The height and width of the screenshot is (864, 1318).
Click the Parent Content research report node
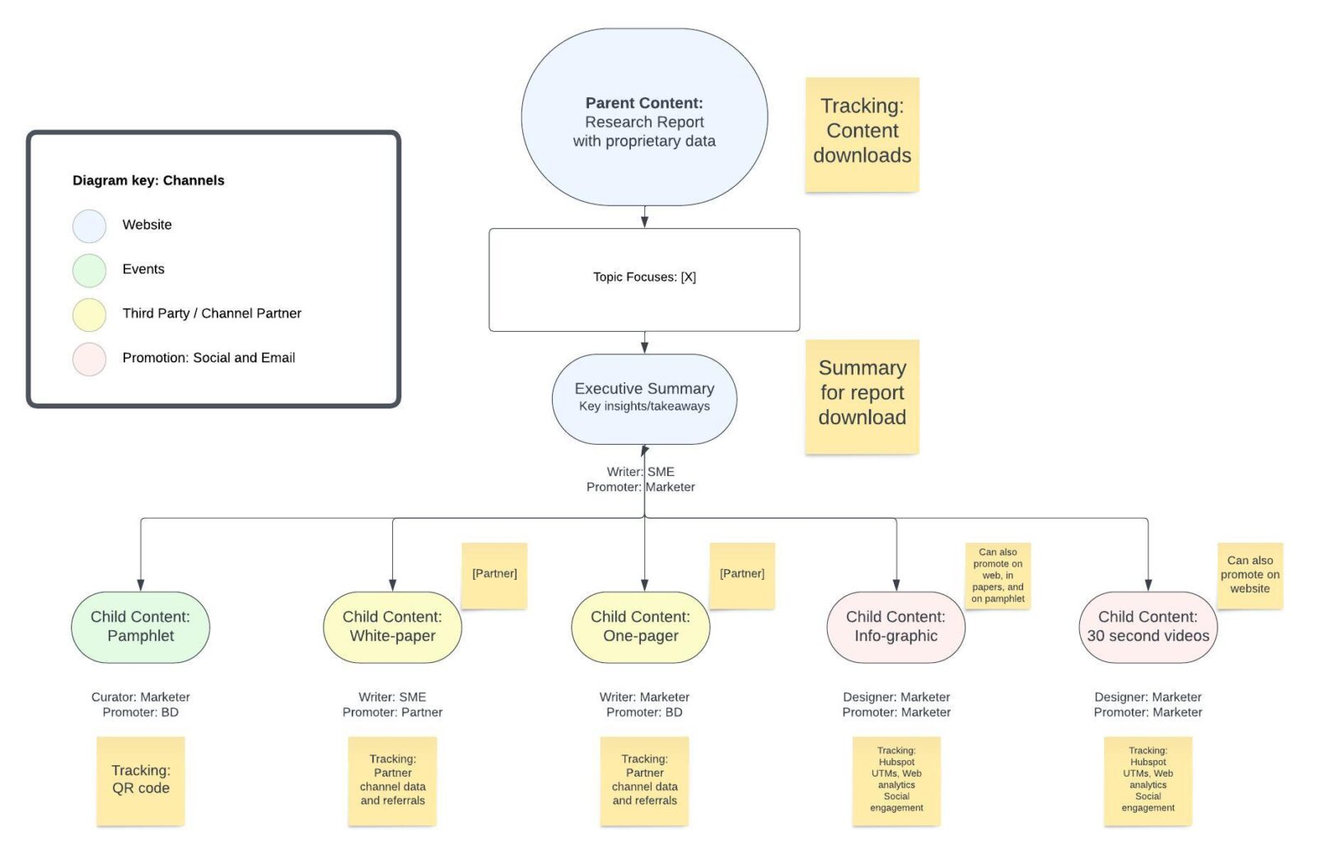[x=644, y=118]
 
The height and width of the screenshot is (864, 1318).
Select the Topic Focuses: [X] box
[x=644, y=279]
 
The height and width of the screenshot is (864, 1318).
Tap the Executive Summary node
[x=644, y=399]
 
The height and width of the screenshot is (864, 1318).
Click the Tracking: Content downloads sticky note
[x=862, y=134]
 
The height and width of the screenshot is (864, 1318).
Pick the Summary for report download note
[x=862, y=395]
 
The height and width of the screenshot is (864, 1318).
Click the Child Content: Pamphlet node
[x=140, y=627]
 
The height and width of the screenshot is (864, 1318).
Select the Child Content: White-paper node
[x=392, y=627]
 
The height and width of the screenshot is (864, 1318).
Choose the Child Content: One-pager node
[x=640, y=627]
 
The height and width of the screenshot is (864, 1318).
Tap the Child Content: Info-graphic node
[x=895, y=627]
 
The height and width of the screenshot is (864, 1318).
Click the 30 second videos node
[x=1147, y=627]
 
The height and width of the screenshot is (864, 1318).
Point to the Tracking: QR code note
[x=140, y=780]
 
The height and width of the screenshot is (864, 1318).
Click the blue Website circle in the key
[x=89, y=226]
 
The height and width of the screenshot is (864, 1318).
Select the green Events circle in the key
[x=89, y=270]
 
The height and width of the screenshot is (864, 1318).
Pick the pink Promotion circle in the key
[x=89, y=359]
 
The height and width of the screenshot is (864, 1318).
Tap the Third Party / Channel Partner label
[x=212, y=313]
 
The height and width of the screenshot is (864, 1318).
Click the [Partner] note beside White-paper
[x=494, y=575]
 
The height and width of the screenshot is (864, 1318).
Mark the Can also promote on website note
[x=1250, y=575]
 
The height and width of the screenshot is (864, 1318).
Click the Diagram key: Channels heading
[x=148, y=180]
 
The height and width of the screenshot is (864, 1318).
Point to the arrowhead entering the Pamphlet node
[x=141, y=585]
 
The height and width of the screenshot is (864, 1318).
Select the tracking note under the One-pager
[x=644, y=780]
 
